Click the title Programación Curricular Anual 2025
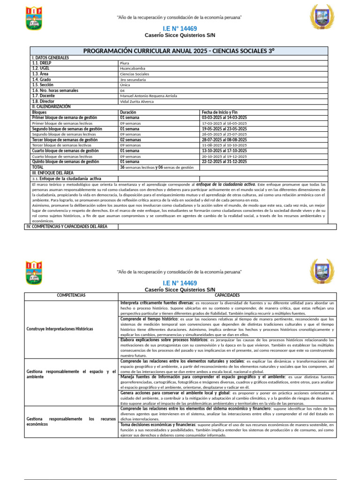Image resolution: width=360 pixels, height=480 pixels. [x=179, y=51]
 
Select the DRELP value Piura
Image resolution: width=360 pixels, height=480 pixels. [x=124, y=63]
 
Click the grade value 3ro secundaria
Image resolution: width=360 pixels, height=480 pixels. [x=133, y=80]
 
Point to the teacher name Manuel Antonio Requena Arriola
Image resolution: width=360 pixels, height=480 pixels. [x=149, y=96]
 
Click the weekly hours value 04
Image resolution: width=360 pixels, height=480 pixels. [x=122, y=90]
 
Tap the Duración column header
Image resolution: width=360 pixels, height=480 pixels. [x=128, y=112]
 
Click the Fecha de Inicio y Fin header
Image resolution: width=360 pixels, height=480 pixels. [x=219, y=112]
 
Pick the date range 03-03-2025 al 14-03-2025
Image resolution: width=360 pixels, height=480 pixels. [x=224, y=118]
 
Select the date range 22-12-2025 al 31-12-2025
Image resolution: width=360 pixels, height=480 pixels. [x=224, y=162]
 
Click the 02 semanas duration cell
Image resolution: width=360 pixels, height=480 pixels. [x=131, y=140]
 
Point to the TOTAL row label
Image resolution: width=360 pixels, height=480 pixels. [x=37, y=167]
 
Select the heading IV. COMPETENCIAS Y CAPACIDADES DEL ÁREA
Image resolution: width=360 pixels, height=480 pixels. [x=67, y=227]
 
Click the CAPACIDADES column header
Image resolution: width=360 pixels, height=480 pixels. [x=227, y=296]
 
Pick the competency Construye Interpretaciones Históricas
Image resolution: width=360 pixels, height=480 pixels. [x=60, y=329]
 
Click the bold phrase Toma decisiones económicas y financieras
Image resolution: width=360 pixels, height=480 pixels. [x=158, y=425]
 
